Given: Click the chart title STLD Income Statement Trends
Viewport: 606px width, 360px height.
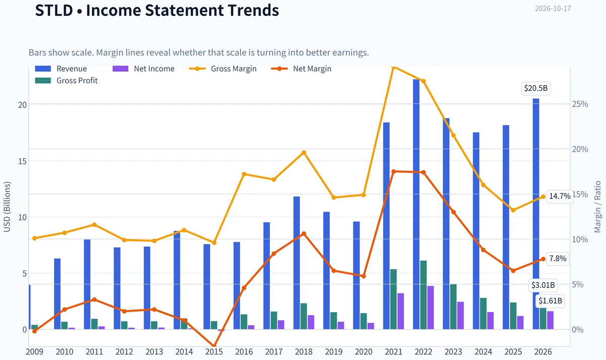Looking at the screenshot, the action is tap(157, 10).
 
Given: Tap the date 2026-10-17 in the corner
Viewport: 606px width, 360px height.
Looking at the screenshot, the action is tap(553, 9).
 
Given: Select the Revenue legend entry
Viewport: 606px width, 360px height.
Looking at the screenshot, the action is tap(61, 69).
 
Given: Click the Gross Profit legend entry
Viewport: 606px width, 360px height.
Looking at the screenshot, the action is tap(66, 81).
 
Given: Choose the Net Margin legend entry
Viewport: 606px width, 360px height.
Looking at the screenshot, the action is tap(301, 69).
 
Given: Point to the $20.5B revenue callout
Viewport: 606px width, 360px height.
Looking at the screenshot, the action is tap(536, 88).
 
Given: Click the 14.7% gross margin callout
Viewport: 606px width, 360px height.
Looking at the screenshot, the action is tap(560, 196).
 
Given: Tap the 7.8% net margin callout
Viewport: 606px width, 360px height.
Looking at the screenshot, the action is tap(558, 259).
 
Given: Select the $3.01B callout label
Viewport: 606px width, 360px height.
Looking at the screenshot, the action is tap(543, 285).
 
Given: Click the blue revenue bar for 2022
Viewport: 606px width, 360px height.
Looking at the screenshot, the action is tap(416, 204).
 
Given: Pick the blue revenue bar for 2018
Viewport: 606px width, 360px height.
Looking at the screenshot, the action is tap(296, 263).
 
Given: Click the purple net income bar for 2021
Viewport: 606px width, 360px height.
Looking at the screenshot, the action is tap(400, 312).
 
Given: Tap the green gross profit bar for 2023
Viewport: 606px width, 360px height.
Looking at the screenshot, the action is tap(453, 306).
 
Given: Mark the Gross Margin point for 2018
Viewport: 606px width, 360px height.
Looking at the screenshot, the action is tap(304, 152).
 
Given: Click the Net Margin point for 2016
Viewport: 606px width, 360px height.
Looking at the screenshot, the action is tap(244, 288).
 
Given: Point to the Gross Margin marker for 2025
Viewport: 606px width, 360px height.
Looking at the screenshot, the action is tap(513, 210).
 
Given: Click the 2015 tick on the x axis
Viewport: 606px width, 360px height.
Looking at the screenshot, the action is tap(214, 352).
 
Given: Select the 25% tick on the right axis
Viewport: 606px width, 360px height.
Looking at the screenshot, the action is tap(580, 104).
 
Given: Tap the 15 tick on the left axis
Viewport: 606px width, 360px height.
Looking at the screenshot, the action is tap(22, 161).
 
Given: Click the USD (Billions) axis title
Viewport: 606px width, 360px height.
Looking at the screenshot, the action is tap(7, 207).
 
